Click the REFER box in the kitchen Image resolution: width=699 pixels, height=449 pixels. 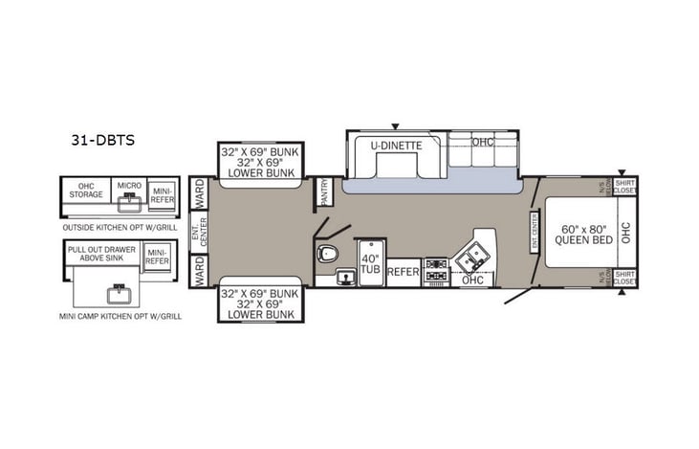(x=404, y=271)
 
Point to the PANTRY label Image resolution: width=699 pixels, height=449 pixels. (x=325, y=191)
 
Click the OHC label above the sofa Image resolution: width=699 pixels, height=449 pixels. (x=484, y=143)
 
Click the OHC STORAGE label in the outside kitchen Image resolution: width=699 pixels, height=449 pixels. (x=85, y=191)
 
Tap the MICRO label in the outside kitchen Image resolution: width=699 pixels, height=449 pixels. (x=127, y=185)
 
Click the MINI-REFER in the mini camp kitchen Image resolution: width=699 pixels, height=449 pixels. (x=157, y=255)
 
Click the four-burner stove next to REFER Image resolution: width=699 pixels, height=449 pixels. (x=436, y=271)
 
